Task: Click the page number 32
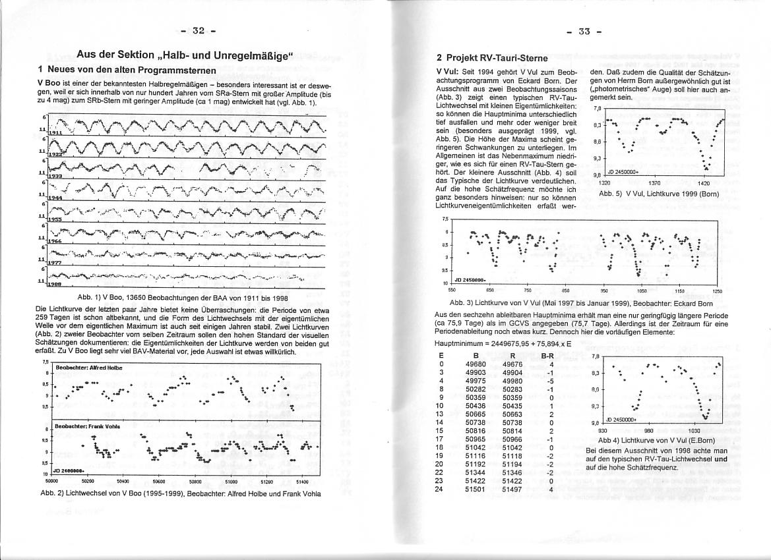199,30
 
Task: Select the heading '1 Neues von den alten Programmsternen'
127,70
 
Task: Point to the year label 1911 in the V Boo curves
55,132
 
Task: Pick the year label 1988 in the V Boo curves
55,284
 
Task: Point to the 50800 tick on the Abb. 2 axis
195,481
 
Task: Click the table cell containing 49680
476,363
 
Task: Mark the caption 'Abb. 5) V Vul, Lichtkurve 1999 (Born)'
658,194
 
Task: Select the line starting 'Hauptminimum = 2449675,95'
499,343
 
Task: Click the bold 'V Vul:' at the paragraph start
448,71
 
